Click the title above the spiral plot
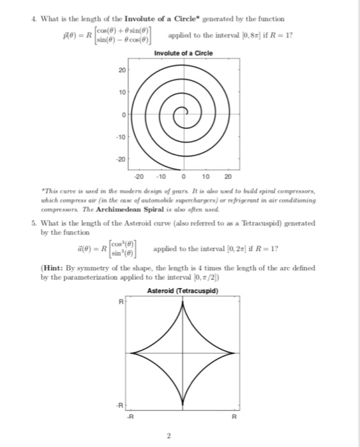coord(183,52)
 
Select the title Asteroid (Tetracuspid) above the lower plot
coord(183,291)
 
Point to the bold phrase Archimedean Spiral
coord(115,209)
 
